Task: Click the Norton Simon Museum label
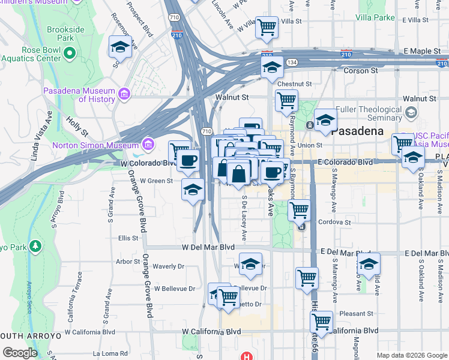click(95, 145)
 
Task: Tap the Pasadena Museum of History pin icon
click(125, 94)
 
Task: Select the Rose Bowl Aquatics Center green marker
click(70, 54)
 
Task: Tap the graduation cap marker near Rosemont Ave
click(120, 47)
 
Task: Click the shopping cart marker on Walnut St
click(287, 100)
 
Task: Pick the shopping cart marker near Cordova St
click(299, 210)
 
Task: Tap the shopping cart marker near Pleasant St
click(322, 321)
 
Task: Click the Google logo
click(20, 353)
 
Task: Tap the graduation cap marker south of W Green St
click(192, 190)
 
